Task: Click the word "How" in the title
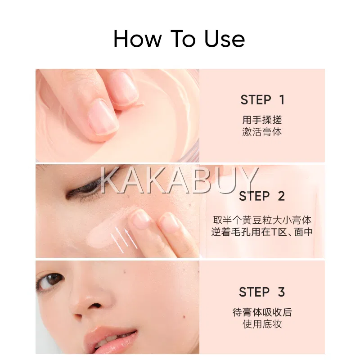point(137,39)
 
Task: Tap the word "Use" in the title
point(224,39)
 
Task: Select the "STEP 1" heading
point(262,100)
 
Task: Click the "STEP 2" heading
point(262,196)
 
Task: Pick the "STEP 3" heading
point(262,292)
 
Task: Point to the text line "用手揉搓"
point(262,120)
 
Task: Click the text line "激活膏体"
point(262,132)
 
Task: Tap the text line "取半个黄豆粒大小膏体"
point(262,220)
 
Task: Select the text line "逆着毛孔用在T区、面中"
point(262,232)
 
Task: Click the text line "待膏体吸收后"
point(262,312)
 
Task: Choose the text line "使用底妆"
point(262,324)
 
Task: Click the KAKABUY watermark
point(180,180)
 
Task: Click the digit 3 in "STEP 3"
point(282,292)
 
